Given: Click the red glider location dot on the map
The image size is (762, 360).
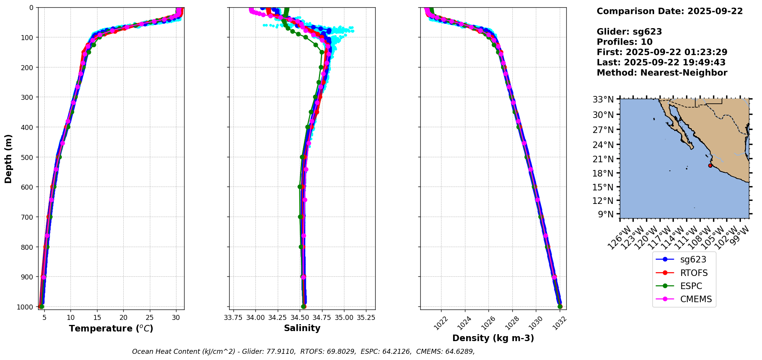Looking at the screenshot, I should [710, 165].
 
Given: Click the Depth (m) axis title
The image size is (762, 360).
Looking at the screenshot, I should [8, 158].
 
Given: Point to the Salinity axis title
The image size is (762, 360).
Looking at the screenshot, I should [302, 328].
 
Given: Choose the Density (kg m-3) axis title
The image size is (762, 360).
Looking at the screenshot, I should [493, 338].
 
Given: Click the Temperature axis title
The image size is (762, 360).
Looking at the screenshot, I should [111, 328].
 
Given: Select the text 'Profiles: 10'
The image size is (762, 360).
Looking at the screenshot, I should [624, 42].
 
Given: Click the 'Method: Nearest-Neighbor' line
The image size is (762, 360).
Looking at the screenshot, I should [662, 73].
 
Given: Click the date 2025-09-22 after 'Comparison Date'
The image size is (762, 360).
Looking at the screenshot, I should [715, 11].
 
